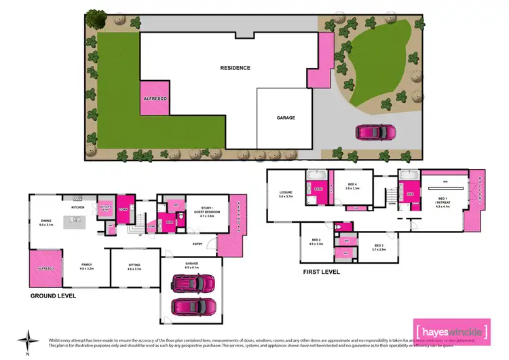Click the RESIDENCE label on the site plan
[235, 68]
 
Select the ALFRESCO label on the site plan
[155, 99]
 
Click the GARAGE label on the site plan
[285, 118]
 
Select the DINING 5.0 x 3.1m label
[47, 222]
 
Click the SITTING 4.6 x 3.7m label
[134, 268]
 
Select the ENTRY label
[197, 244]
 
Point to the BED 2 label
[316, 241]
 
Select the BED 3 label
[379, 248]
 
